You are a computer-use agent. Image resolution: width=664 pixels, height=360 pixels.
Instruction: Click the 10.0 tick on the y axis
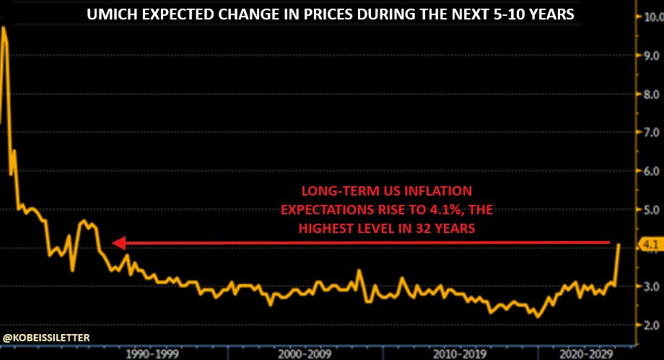click(x=649, y=17)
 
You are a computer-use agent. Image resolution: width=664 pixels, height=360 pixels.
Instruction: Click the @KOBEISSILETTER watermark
click(x=46, y=337)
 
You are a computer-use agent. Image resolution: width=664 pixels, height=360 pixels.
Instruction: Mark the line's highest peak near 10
click(x=4, y=27)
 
